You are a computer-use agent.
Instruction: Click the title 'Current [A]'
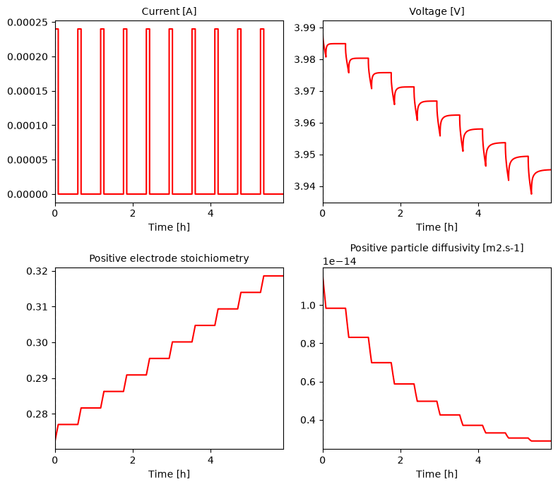coord(169,11)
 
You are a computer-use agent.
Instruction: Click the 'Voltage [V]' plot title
coord(437,11)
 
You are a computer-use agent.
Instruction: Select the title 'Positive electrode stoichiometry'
coord(169,258)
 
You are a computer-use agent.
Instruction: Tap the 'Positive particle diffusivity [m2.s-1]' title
coord(437,248)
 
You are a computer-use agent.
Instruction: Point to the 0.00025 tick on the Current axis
coord(28,23)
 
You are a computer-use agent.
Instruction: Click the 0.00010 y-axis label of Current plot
coord(28,126)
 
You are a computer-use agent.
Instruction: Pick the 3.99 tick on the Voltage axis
coord(304,28)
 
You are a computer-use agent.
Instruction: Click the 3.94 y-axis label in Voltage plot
coord(304,186)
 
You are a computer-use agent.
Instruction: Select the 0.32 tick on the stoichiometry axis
coord(37,271)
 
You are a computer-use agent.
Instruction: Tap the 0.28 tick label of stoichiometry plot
coord(37,414)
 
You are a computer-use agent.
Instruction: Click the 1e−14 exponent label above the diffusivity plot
coord(339,261)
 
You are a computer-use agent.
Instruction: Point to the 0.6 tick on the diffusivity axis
coord(308,382)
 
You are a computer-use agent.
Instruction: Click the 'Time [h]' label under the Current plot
coord(169,227)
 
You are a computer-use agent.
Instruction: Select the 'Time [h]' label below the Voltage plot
coord(437,227)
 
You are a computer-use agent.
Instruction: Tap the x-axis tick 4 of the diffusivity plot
coord(478,460)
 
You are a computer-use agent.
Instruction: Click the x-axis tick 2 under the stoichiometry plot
coord(133,460)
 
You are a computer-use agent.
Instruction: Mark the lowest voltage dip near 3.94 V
coord(531,193)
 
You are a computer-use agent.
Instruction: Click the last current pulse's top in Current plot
coord(262,29)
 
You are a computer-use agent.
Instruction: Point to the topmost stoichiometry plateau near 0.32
coord(273,276)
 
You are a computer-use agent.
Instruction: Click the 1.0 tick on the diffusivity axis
coord(308,306)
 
